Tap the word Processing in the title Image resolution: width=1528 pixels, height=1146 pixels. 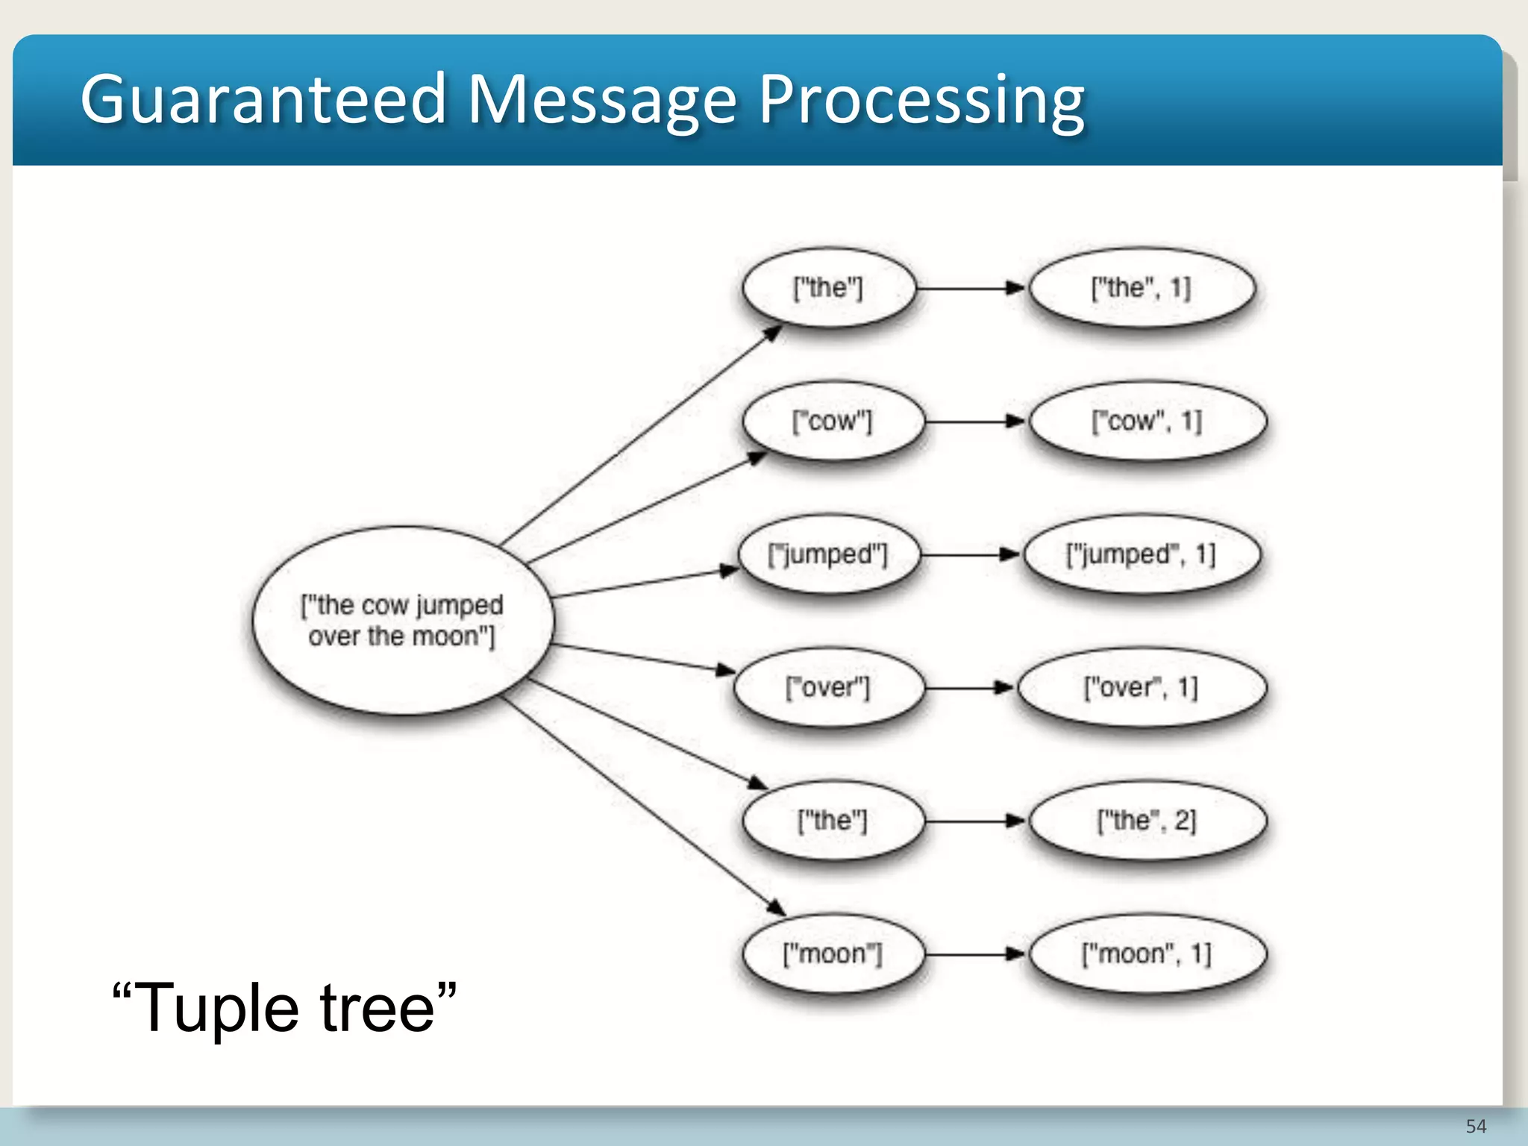[x=921, y=101]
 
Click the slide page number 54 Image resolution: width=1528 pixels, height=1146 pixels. [x=1475, y=1126]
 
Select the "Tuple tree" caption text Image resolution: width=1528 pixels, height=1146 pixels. [x=284, y=1008]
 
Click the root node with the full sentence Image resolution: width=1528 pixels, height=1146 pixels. [x=403, y=620]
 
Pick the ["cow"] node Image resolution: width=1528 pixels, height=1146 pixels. [x=832, y=422]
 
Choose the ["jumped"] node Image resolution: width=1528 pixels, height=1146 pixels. [x=828, y=554]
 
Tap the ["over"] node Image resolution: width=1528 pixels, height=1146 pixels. [x=828, y=687]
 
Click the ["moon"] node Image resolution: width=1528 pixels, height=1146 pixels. [x=833, y=954]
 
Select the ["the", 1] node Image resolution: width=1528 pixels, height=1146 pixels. [x=1142, y=288]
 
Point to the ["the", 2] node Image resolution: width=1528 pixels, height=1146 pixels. [x=1147, y=821]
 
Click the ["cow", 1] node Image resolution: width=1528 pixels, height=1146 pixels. [x=1147, y=422]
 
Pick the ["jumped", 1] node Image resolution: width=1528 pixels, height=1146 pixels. [x=1142, y=554]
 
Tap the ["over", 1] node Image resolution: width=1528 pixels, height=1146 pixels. [x=1142, y=687]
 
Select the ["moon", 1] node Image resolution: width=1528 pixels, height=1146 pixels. [x=1147, y=954]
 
